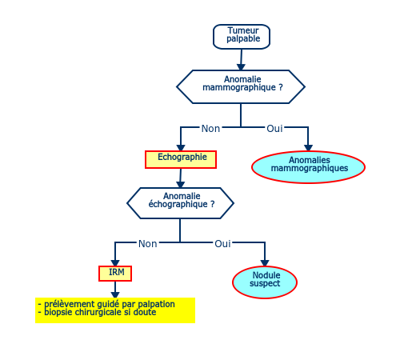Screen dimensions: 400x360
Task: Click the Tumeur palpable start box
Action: pyautogui.click(x=242, y=37)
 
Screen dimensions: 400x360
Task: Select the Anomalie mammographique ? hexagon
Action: pyautogui.click(x=241, y=86)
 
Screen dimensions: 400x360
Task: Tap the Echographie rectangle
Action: pyautogui.click(x=181, y=159)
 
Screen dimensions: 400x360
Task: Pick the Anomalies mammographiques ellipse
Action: pyautogui.click(x=308, y=167)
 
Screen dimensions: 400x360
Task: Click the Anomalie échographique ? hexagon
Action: pyautogui.click(x=180, y=203)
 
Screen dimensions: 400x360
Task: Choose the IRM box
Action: pyautogui.click(x=115, y=274)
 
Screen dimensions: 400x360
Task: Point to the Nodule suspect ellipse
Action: pyautogui.click(x=265, y=282)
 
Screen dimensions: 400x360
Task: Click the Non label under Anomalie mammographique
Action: pyautogui.click(x=210, y=129)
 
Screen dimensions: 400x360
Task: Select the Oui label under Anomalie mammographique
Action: pyautogui.click(x=274, y=129)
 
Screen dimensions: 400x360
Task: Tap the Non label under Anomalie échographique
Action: pyautogui.click(x=148, y=244)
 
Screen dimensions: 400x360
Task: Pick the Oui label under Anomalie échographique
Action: pyautogui.click(x=222, y=244)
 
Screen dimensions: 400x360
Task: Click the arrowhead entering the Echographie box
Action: pyautogui.click(x=181, y=148)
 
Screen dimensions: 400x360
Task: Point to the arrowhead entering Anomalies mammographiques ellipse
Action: pyautogui.click(x=308, y=148)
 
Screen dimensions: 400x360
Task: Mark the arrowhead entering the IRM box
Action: pyautogui.click(x=115, y=263)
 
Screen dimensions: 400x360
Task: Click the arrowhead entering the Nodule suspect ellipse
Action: pyautogui.click(x=265, y=263)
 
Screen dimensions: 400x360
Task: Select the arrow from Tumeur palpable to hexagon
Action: pyautogui.click(x=242, y=59)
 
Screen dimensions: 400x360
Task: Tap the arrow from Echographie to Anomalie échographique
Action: pyautogui.click(x=181, y=178)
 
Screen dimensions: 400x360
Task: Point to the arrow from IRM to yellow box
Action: pyautogui.click(x=115, y=290)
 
